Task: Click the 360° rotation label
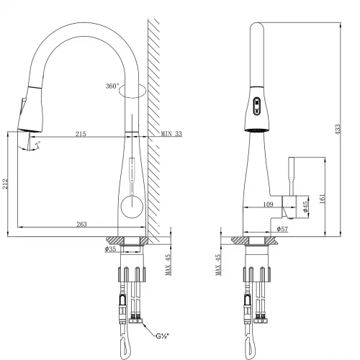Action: pyautogui.click(x=112, y=86)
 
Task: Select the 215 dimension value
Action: pyautogui.click(x=79, y=135)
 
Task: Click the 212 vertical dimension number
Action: pyautogui.click(x=6, y=184)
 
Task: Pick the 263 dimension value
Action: pyautogui.click(x=81, y=224)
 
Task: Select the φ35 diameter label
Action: pyautogui.click(x=110, y=249)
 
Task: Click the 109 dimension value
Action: pyautogui.click(x=269, y=205)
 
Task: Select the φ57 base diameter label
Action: pyautogui.click(x=283, y=230)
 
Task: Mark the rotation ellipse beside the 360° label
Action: pyautogui.click(x=135, y=91)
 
